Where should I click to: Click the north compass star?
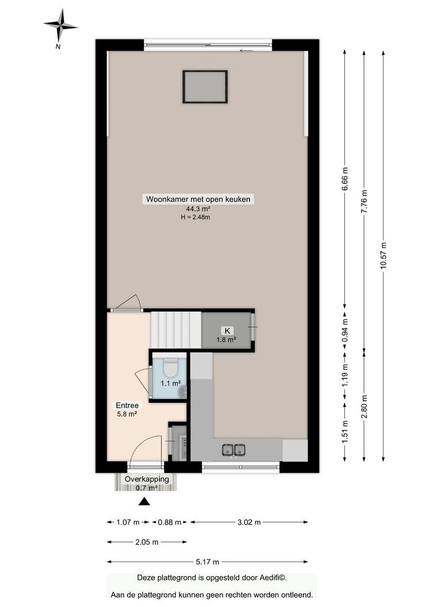(x=60, y=25)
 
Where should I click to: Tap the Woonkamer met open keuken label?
(x=198, y=200)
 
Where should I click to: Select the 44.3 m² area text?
(x=198, y=209)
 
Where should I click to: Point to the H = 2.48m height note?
(x=195, y=217)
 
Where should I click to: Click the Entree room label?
(x=127, y=405)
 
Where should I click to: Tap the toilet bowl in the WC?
(x=170, y=368)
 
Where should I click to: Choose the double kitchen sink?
(x=233, y=450)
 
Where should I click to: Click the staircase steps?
(x=176, y=330)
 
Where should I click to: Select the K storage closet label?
(x=227, y=330)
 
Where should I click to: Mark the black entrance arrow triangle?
(x=144, y=502)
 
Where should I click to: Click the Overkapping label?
(x=147, y=479)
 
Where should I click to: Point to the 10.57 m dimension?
(x=383, y=256)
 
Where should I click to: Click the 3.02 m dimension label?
(x=249, y=522)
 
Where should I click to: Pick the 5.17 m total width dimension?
(x=207, y=561)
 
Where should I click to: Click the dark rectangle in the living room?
(x=205, y=87)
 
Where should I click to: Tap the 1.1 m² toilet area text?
(x=171, y=384)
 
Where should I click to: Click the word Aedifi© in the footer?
(x=272, y=578)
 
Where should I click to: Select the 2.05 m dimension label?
(x=147, y=542)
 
